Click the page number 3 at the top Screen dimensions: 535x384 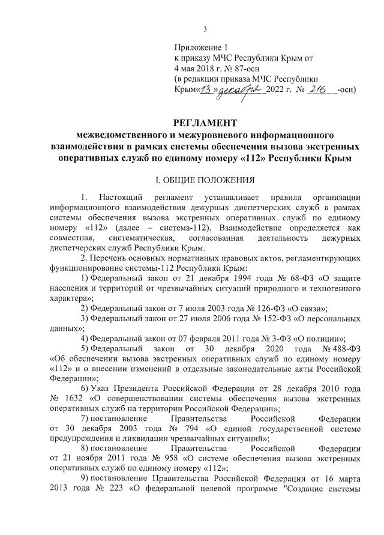tap(205, 29)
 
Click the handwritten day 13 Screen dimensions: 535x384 tap(206, 90)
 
